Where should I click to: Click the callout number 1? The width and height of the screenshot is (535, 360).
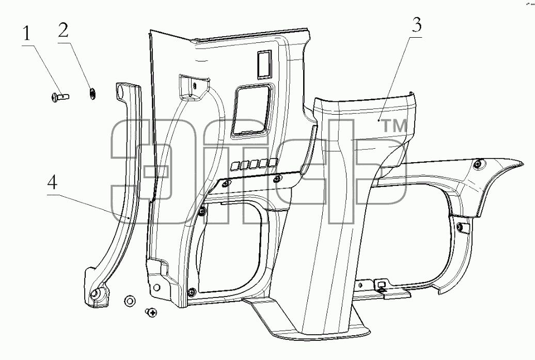tap(27, 35)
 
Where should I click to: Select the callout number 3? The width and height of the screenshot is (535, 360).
tap(416, 25)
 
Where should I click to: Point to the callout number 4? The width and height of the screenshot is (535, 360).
tap(52, 183)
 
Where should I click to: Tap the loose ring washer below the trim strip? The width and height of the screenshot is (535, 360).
tap(129, 301)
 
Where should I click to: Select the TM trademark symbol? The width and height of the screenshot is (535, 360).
tap(394, 126)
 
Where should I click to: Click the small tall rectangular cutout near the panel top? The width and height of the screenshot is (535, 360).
tap(264, 64)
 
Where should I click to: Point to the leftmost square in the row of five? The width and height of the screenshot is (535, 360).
tap(235, 166)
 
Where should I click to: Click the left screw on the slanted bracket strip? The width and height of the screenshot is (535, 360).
tap(225, 184)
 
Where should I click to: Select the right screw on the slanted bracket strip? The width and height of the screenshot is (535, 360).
tap(277, 178)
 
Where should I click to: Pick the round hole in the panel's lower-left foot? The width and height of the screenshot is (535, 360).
tap(156, 287)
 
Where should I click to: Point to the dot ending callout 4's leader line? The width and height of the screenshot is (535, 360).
tap(129, 217)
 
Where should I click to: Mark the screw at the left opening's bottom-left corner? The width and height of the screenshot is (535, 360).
tap(192, 292)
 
